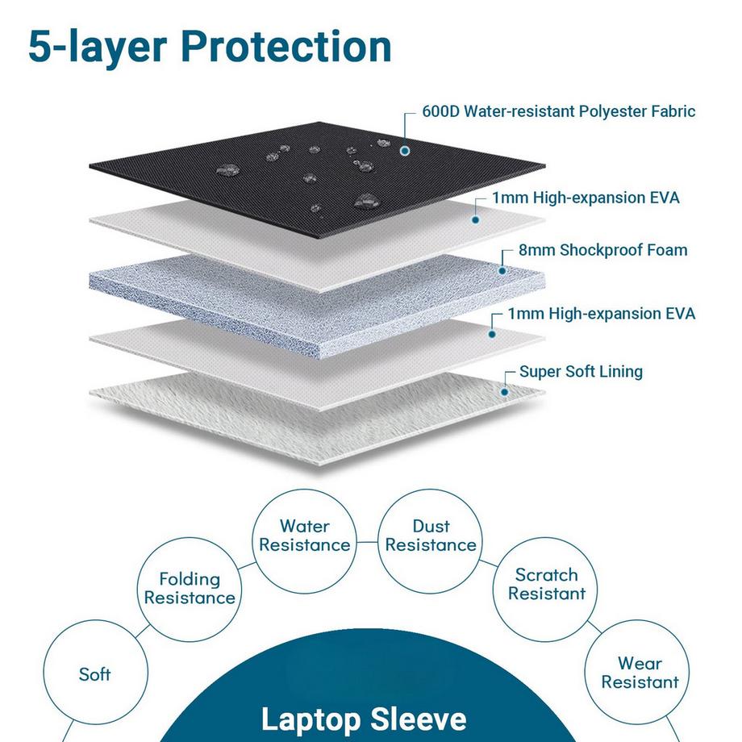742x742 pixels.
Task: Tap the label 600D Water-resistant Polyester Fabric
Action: pyautogui.click(x=558, y=111)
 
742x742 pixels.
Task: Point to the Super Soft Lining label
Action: pyautogui.click(x=581, y=372)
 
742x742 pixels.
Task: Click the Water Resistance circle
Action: pyautogui.click(x=305, y=536)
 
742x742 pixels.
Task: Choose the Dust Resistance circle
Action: pyautogui.click(x=431, y=536)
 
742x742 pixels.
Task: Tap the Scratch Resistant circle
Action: pyautogui.click(x=547, y=584)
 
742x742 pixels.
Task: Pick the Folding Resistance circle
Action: pyautogui.click(x=190, y=588)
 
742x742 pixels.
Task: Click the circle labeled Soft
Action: pyautogui.click(x=94, y=673)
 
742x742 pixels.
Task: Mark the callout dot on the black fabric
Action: pyautogui.click(x=404, y=150)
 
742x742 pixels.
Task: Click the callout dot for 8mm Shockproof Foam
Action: pyautogui.click(x=502, y=271)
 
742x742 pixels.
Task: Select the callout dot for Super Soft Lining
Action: pyautogui.click(x=505, y=392)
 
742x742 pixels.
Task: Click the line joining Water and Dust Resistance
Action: pyautogui.click(x=368, y=543)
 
